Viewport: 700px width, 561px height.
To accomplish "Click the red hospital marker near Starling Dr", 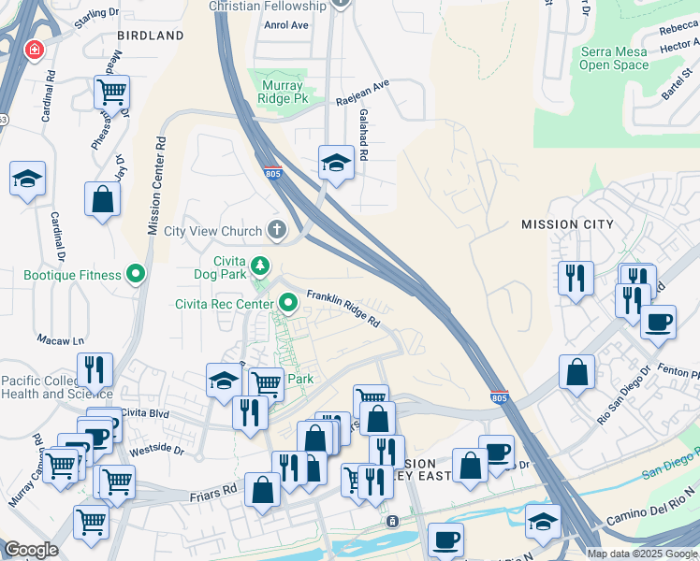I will tap(35, 49).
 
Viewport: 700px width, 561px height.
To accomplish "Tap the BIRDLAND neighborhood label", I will tap(150, 36).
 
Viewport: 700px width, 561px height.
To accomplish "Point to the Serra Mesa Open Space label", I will tap(614, 58).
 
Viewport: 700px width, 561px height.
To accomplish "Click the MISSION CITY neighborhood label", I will tap(567, 224).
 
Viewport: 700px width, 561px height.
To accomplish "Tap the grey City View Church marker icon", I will tap(276, 230).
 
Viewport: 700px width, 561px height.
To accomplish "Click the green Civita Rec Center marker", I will tap(288, 302).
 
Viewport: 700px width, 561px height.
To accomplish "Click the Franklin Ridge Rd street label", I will tap(343, 307).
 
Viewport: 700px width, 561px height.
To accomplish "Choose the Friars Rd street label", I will tap(216, 490).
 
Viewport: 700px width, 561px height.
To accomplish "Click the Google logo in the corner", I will tap(31, 550).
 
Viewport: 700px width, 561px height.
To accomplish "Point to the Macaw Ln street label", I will tap(61, 339).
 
